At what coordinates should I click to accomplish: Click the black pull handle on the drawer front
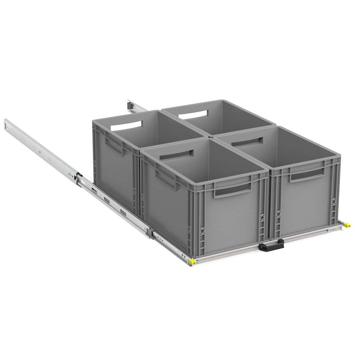click(x=271, y=246)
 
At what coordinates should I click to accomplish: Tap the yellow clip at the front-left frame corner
click(x=192, y=261)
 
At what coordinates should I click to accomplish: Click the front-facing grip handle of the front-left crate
click(x=232, y=189)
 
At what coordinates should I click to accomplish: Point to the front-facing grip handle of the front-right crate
click(x=306, y=175)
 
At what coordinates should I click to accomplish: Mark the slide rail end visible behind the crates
click(x=130, y=104)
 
